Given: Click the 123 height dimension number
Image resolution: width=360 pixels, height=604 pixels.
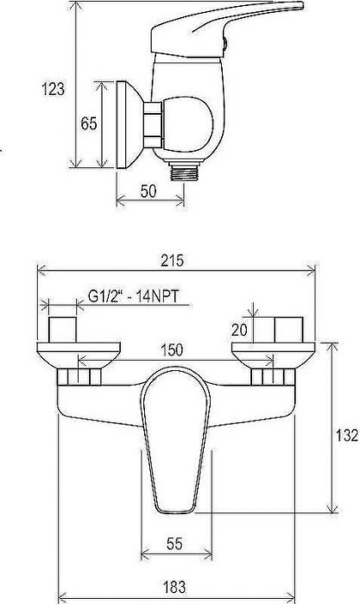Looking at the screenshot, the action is [x=54, y=90].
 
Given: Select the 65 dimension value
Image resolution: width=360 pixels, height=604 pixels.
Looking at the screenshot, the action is [x=89, y=123].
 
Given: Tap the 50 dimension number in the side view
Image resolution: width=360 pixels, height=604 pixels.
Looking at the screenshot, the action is [x=148, y=191].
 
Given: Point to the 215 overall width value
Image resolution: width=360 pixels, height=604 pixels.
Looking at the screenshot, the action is [x=173, y=261].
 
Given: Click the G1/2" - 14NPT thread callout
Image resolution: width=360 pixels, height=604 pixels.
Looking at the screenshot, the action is [x=133, y=297].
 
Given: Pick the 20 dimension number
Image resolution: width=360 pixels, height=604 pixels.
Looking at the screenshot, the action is [x=239, y=330].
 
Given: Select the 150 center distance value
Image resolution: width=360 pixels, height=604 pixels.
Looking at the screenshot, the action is [x=172, y=349].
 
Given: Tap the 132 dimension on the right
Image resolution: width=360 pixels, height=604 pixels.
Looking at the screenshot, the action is [x=347, y=435].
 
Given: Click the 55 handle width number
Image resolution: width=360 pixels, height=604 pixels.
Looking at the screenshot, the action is [x=174, y=544].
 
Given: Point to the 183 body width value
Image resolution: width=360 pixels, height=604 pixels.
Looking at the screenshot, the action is [x=174, y=587].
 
